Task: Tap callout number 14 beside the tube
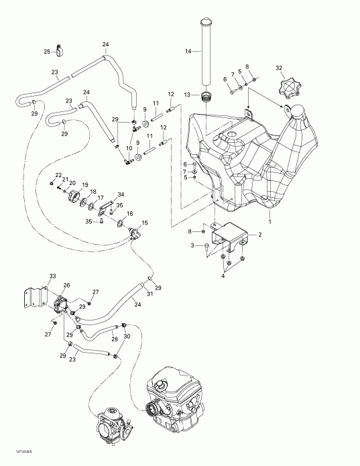(x=188, y=51)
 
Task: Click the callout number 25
(x=47, y=51)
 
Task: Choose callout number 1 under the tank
(x=270, y=221)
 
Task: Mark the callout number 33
(x=52, y=276)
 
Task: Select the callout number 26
(x=66, y=286)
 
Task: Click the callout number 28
(x=115, y=340)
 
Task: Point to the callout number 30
(x=127, y=337)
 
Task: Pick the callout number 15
(x=145, y=223)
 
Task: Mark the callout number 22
(x=58, y=175)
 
